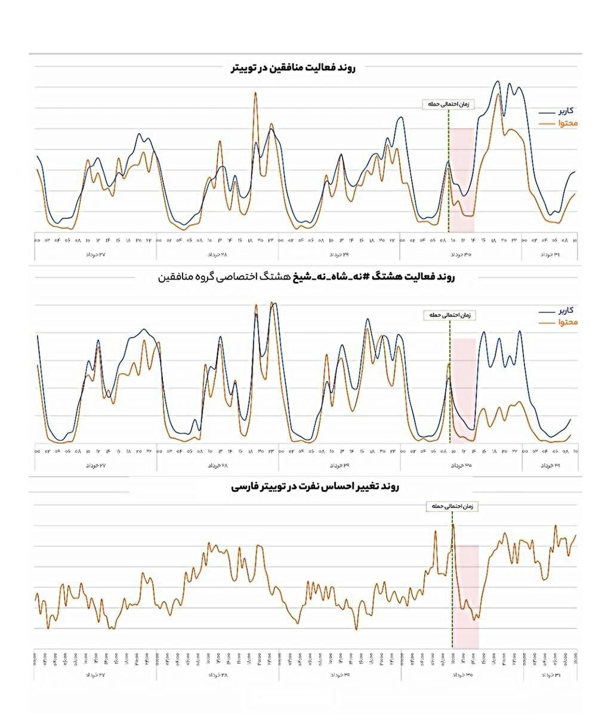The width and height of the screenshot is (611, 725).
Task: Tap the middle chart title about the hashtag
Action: (306, 278)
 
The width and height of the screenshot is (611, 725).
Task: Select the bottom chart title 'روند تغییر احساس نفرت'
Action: (315, 487)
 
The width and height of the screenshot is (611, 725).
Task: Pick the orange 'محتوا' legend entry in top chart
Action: (558, 123)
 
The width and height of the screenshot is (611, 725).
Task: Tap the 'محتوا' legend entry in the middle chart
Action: (558, 322)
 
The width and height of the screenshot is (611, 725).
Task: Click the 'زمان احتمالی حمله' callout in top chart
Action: (447, 104)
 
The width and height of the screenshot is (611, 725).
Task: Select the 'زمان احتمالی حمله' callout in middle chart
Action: (450, 315)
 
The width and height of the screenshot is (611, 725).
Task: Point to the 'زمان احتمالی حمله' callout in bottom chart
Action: (453, 506)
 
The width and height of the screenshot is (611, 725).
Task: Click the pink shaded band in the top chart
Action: (462, 179)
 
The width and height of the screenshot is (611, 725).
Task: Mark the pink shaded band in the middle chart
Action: (464, 388)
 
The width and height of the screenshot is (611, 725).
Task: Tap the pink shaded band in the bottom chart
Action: (466, 596)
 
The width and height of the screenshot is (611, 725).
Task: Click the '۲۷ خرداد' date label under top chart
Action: (95, 255)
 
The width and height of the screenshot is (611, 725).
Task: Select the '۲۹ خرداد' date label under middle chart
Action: (339, 464)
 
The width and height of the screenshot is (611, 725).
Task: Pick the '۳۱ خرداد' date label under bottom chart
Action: (550, 675)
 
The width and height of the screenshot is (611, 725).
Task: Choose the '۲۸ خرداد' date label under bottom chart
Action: (217, 675)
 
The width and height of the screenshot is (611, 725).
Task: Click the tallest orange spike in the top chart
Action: (255, 94)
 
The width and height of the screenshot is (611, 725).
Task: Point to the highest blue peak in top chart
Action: (498, 82)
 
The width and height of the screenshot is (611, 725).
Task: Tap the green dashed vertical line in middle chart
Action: (449, 382)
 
